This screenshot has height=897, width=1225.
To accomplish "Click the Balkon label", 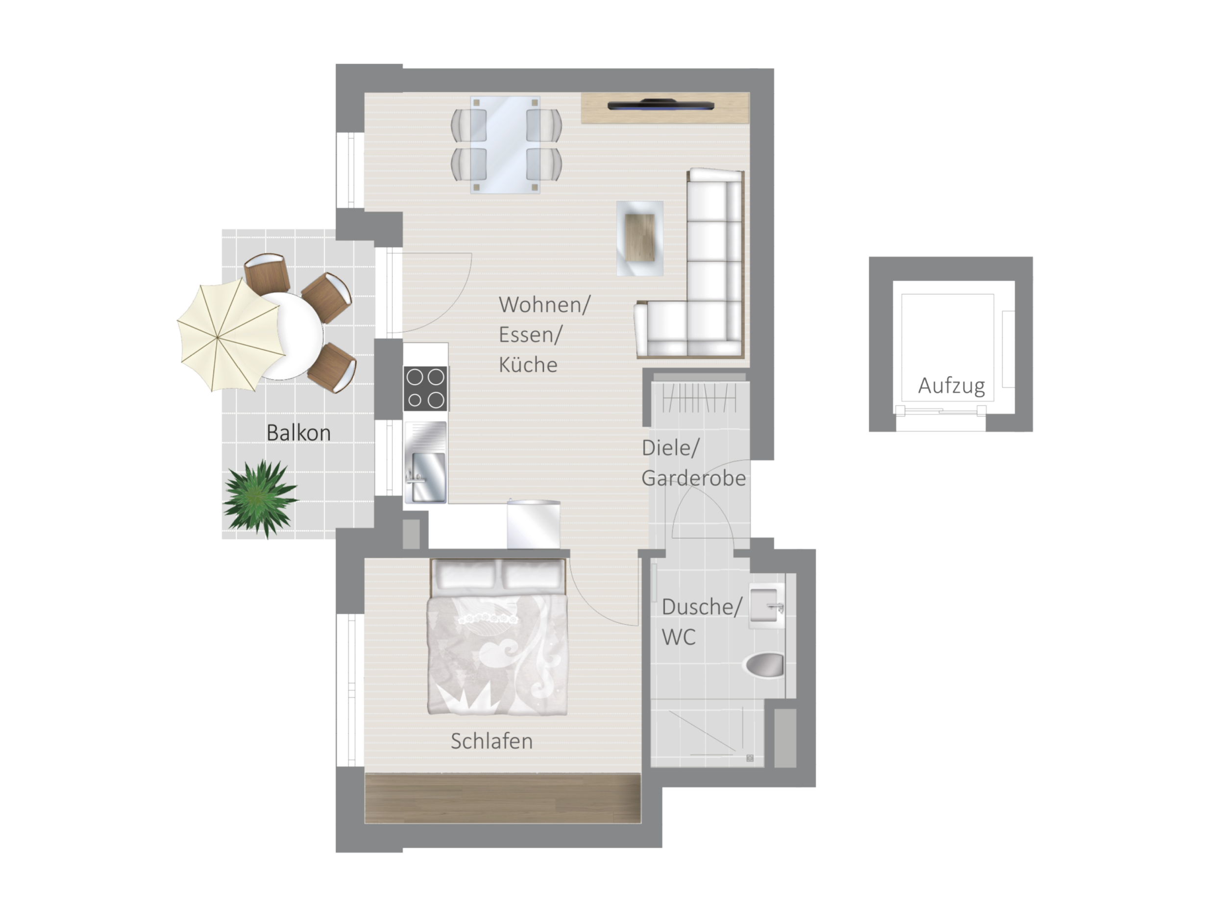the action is click(x=298, y=433).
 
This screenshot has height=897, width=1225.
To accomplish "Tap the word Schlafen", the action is click(x=491, y=741).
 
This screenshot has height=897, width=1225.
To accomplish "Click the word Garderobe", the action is click(x=693, y=478).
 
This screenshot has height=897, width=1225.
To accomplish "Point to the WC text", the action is click(x=679, y=637).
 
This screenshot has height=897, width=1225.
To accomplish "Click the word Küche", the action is click(x=528, y=365).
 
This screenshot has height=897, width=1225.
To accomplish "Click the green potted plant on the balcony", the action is click(x=261, y=498).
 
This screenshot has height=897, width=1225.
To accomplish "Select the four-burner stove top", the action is click(x=425, y=389).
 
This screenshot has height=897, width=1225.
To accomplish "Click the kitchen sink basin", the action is click(x=429, y=478).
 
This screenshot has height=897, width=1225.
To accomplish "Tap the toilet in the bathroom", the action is click(x=764, y=664).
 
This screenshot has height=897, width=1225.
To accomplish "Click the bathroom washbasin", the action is click(x=766, y=605).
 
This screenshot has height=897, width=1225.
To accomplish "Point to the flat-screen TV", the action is click(x=660, y=105).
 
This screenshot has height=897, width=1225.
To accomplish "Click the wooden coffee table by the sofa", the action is click(x=640, y=238).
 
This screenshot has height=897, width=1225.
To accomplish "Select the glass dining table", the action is click(x=505, y=145).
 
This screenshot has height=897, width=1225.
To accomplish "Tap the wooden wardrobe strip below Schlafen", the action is click(x=502, y=799).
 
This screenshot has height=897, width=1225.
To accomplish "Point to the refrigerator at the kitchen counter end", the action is click(x=534, y=524).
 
